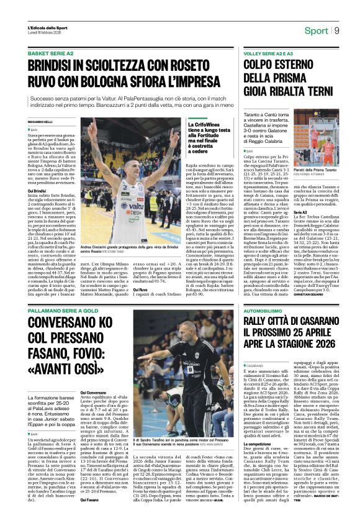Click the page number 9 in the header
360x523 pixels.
point(337,30)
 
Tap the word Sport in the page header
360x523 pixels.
point(317,30)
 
